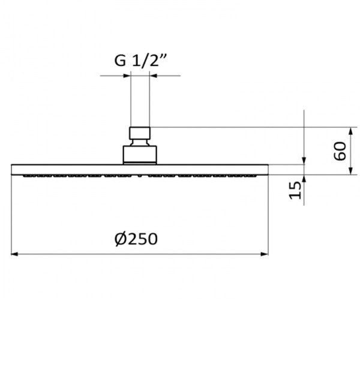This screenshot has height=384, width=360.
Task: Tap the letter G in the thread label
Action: pos(120,61)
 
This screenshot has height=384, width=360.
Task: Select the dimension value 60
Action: pos(340,151)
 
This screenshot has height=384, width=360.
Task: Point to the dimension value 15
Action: pos(295,190)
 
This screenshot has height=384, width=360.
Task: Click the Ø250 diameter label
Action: pos(136,239)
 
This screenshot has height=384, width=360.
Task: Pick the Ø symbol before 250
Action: pos(120,239)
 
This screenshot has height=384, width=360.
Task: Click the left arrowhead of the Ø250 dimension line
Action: pos(15,254)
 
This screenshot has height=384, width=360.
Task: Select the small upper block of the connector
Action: pos(140,133)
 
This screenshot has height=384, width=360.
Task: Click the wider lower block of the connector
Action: pos(140,154)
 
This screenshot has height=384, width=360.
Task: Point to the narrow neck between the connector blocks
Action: pos(140,142)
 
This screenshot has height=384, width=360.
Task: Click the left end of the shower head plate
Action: pos(13,169)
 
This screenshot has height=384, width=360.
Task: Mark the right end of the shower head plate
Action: pos(266,169)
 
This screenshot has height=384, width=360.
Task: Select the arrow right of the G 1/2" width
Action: pos(154,76)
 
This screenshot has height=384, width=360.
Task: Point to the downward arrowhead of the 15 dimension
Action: pos(304,161)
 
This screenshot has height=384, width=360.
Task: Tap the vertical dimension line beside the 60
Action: pos(351,151)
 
